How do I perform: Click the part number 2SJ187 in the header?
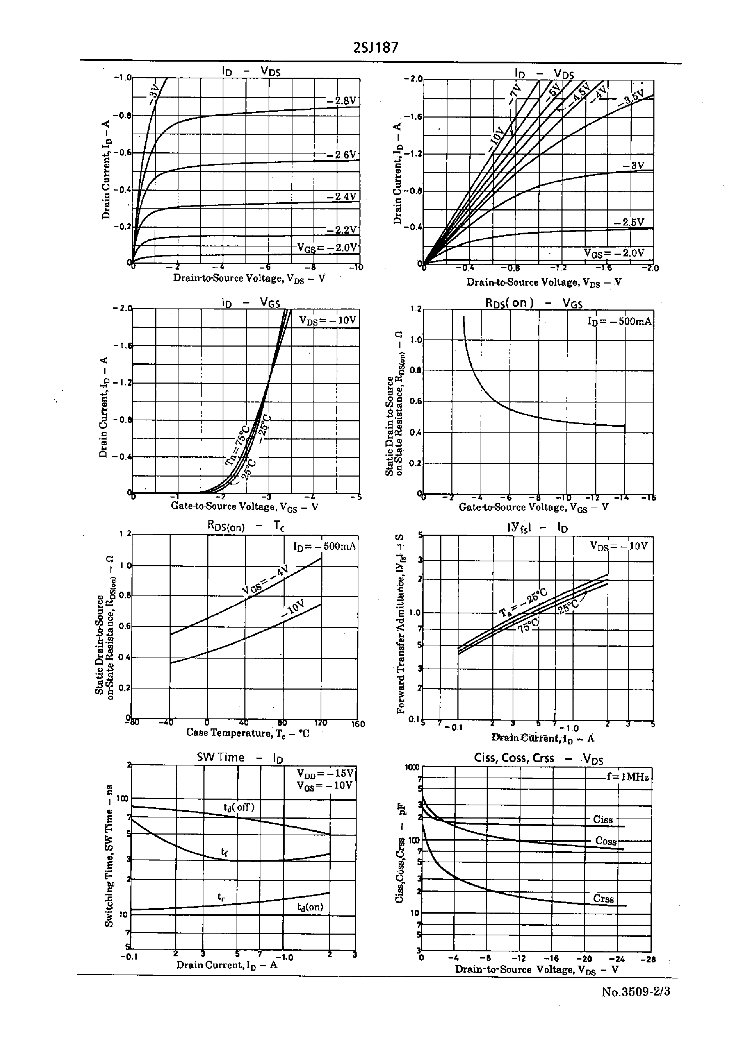375,47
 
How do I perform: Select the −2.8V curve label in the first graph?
342,101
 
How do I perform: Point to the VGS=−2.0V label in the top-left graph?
327,248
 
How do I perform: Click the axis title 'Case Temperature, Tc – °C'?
247,733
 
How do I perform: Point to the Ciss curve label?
603,820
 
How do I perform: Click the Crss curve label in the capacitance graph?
603,899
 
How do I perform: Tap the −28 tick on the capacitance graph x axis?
648,959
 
